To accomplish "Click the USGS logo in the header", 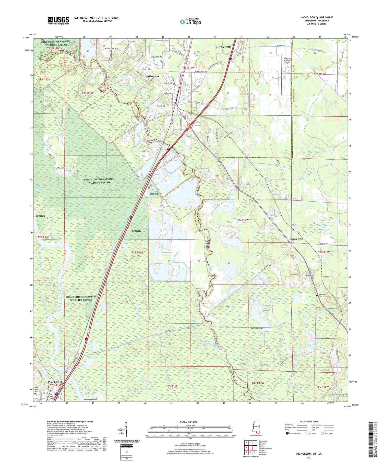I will (58, 20).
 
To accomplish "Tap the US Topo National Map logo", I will (190, 22).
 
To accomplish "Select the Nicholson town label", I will (152, 76).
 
